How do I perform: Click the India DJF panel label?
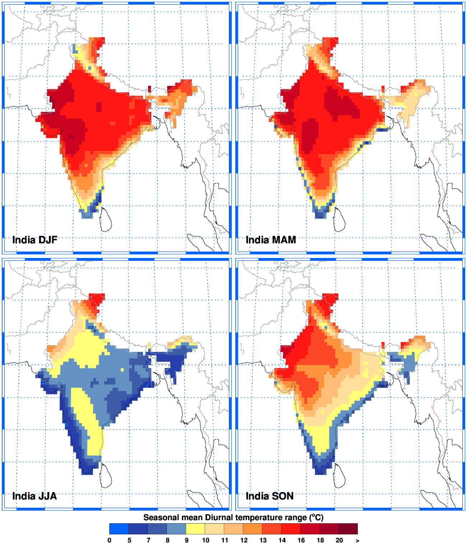[x=35, y=240]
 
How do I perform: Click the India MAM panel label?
[x=271, y=240]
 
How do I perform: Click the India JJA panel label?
[x=34, y=496]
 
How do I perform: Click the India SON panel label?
[x=269, y=496]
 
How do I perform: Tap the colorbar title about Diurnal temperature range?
[x=233, y=517]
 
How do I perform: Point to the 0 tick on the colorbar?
[x=110, y=540]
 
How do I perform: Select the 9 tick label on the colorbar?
[x=186, y=540]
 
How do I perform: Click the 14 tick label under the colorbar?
[x=282, y=540]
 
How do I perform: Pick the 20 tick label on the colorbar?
[x=339, y=540]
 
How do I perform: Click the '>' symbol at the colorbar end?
[x=357, y=540]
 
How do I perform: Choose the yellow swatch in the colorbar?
[x=195, y=529]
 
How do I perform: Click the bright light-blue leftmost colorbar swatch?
[x=119, y=529]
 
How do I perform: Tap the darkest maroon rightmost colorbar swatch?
[x=348, y=529]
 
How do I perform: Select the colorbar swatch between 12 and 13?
[x=253, y=529]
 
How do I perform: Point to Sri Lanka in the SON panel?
[x=339, y=476]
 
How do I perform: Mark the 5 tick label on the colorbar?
[x=129, y=540]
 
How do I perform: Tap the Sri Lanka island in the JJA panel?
[x=106, y=476]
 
